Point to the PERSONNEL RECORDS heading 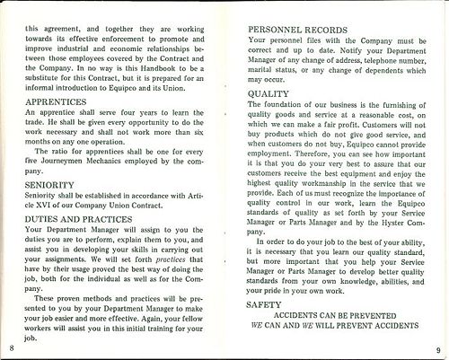coord(297,30)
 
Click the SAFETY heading coord(264,305)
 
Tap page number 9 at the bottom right coord(437,349)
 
